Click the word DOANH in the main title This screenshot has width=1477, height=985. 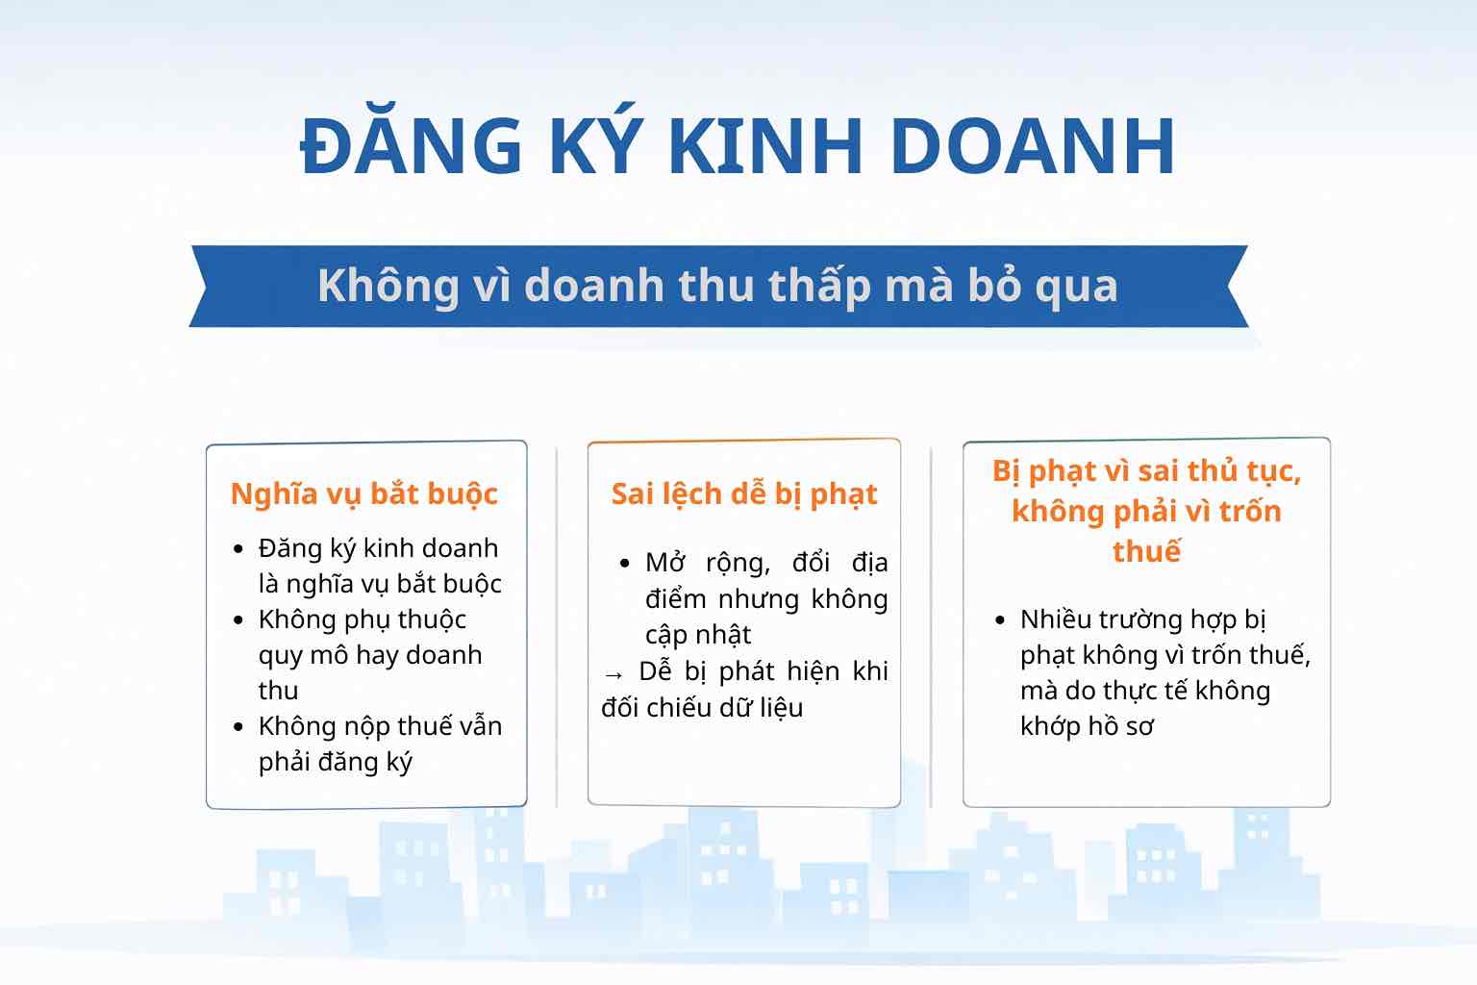1033,145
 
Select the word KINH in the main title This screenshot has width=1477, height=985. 764,145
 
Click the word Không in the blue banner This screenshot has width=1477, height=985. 388,287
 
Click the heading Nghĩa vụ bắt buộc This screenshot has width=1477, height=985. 364,493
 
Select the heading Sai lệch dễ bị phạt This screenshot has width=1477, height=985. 743,493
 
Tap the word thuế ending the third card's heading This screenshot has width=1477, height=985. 1146,550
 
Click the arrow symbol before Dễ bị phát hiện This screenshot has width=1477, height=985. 613,674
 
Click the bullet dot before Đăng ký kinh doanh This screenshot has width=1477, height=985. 238,549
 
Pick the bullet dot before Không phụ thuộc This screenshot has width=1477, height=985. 238,620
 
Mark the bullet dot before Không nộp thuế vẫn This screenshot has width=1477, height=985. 238,727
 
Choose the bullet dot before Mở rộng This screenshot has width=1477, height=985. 625,564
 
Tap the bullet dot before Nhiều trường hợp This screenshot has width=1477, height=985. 1000,620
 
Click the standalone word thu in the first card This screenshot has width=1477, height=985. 278,691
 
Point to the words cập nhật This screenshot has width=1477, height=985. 697,635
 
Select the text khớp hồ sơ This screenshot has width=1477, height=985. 1087,725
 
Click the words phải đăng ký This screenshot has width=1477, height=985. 335,762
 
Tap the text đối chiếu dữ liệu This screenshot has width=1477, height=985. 702,707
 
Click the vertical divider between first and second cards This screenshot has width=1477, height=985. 557,627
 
